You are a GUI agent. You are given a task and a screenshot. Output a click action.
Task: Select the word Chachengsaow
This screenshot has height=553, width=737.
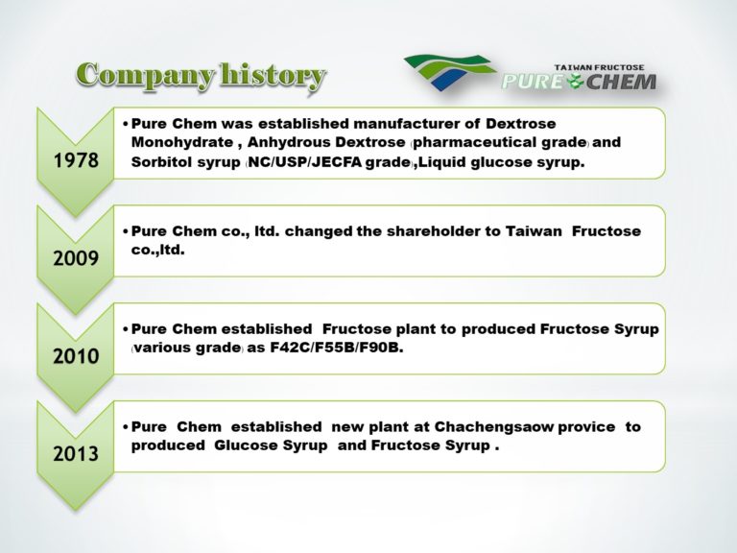pyautogui.click(x=498, y=426)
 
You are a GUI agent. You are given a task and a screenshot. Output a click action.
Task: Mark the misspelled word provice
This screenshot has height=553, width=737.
pyautogui.click(x=586, y=426)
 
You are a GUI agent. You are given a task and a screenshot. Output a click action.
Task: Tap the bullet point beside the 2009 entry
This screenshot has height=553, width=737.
pyautogui.click(x=126, y=232)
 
